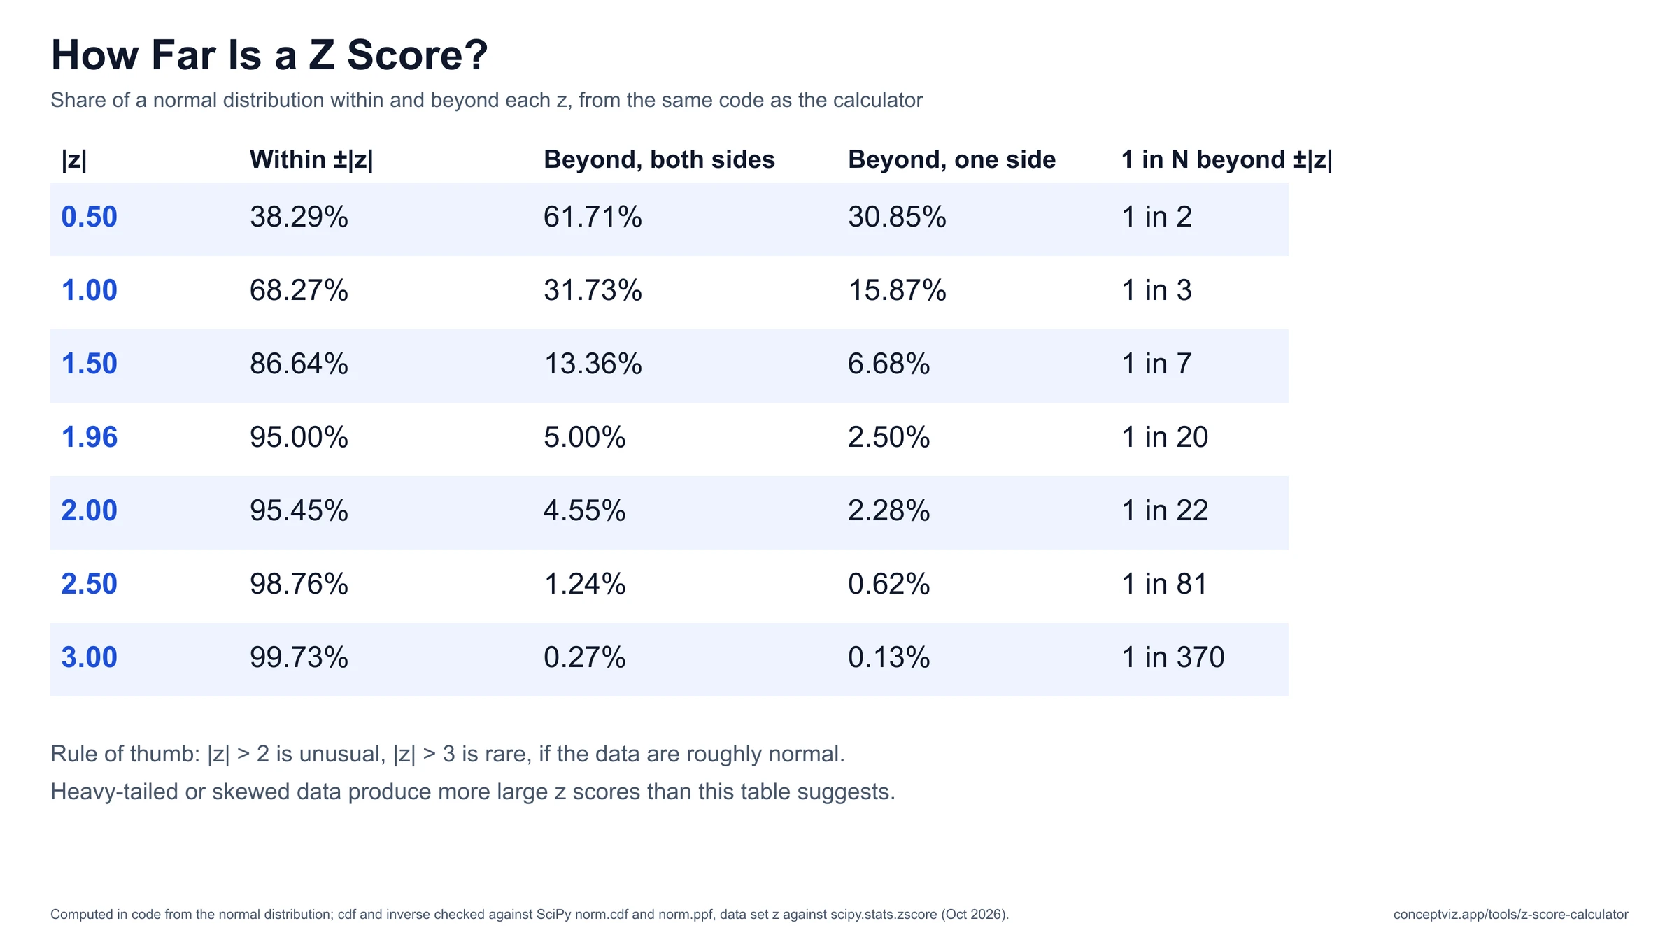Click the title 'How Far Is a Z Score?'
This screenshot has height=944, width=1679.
click(x=269, y=55)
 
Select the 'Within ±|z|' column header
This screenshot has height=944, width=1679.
click(x=311, y=159)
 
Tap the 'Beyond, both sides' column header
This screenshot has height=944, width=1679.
click(x=659, y=159)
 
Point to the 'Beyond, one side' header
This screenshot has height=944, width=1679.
click(x=951, y=159)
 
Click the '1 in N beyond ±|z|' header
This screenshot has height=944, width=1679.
click(x=1226, y=159)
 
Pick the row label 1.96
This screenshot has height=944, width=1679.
click(x=90, y=437)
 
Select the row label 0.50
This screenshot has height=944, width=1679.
click(x=90, y=217)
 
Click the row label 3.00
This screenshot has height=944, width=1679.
click(x=90, y=657)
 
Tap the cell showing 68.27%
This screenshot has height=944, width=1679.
click(x=299, y=290)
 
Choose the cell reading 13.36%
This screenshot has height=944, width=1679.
click(x=593, y=364)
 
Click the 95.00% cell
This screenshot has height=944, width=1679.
click(x=299, y=437)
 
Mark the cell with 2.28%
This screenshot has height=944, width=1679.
click(x=888, y=510)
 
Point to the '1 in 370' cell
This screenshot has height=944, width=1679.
click(x=1173, y=657)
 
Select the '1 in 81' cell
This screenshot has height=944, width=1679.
click(x=1165, y=584)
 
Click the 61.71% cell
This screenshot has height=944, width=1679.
click(x=593, y=217)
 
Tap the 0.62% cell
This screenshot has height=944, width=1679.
click(x=888, y=584)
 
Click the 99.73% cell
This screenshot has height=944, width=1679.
click(x=299, y=657)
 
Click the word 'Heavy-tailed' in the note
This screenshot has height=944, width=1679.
click(x=114, y=792)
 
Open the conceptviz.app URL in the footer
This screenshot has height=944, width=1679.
click(x=1510, y=915)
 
